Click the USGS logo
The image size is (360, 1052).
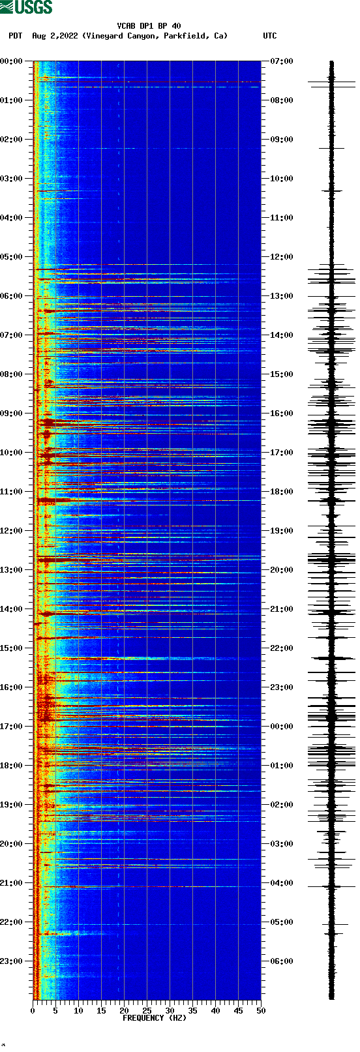click(26, 7)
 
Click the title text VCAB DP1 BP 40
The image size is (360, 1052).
click(149, 26)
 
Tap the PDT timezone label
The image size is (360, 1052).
click(15, 36)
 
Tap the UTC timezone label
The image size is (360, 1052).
click(269, 36)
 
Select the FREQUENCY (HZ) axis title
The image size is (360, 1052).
click(155, 1017)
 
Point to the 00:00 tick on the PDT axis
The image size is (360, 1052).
click(11, 61)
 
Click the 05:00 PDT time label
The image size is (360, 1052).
click(11, 257)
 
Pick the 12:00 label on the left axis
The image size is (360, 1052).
click(11, 531)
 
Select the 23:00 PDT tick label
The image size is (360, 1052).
click(11, 961)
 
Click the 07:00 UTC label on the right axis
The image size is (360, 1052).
click(282, 61)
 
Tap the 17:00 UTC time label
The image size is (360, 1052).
click(282, 453)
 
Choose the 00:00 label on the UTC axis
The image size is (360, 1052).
click(282, 727)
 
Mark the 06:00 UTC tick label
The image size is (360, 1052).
click(282, 961)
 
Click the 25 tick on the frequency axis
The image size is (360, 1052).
click(147, 1011)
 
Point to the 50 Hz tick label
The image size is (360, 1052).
click(261, 1011)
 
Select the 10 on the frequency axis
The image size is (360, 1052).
click(78, 1011)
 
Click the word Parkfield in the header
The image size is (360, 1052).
click(185, 36)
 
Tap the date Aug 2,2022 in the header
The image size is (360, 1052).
click(55, 36)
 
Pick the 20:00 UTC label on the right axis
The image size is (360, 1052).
click(282, 570)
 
